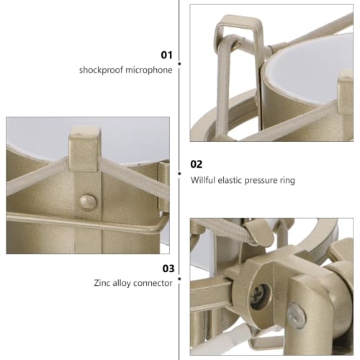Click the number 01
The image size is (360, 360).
click(x=167, y=54)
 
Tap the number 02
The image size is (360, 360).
click(x=197, y=164)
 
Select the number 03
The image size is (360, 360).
click(x=168, y=268)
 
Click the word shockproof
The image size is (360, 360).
click(x=103, y=71)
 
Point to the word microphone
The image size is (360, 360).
click(x=150, y=71)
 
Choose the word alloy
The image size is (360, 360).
click(x=130, y=284)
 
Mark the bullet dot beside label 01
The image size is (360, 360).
click(x=179, y=63)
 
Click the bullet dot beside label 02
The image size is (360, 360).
click(x=179, y=166)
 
